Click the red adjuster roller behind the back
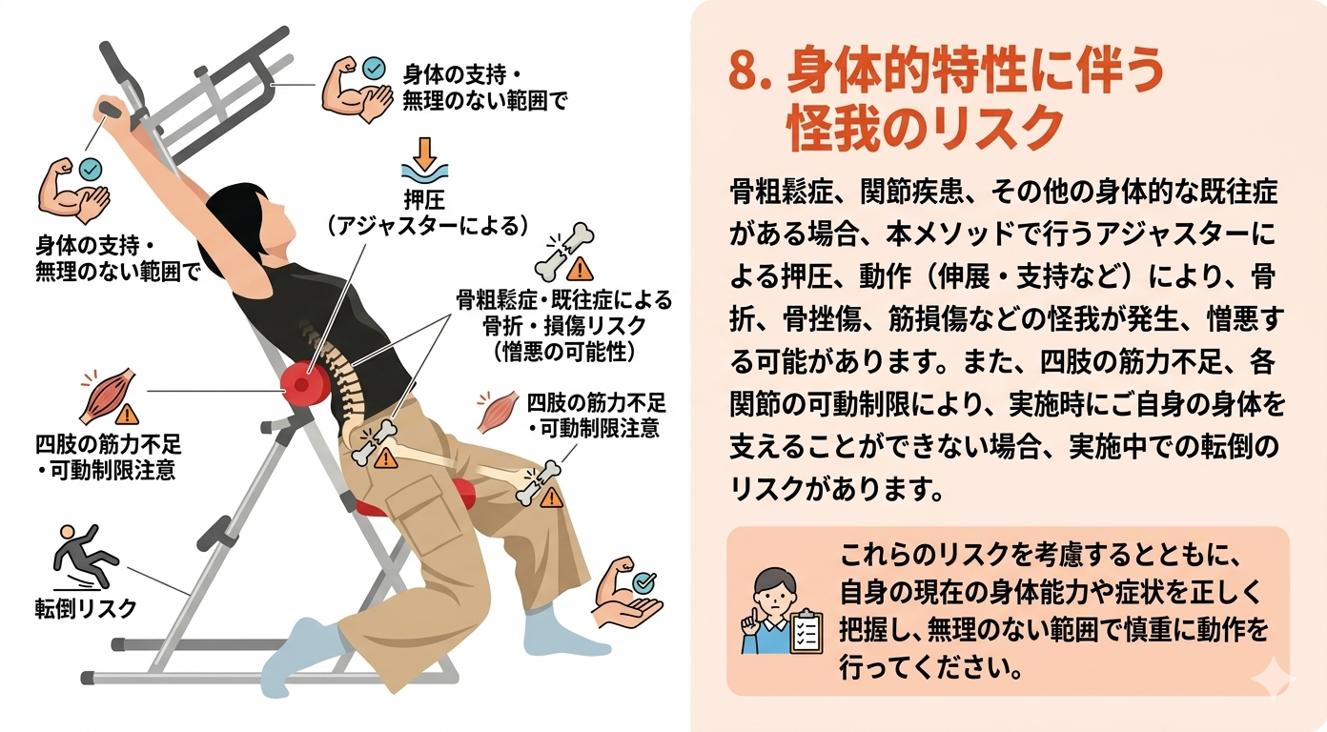[x=305, y=383]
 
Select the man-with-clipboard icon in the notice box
[x=781, y=611]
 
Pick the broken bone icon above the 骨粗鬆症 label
[x=562, y=250]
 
